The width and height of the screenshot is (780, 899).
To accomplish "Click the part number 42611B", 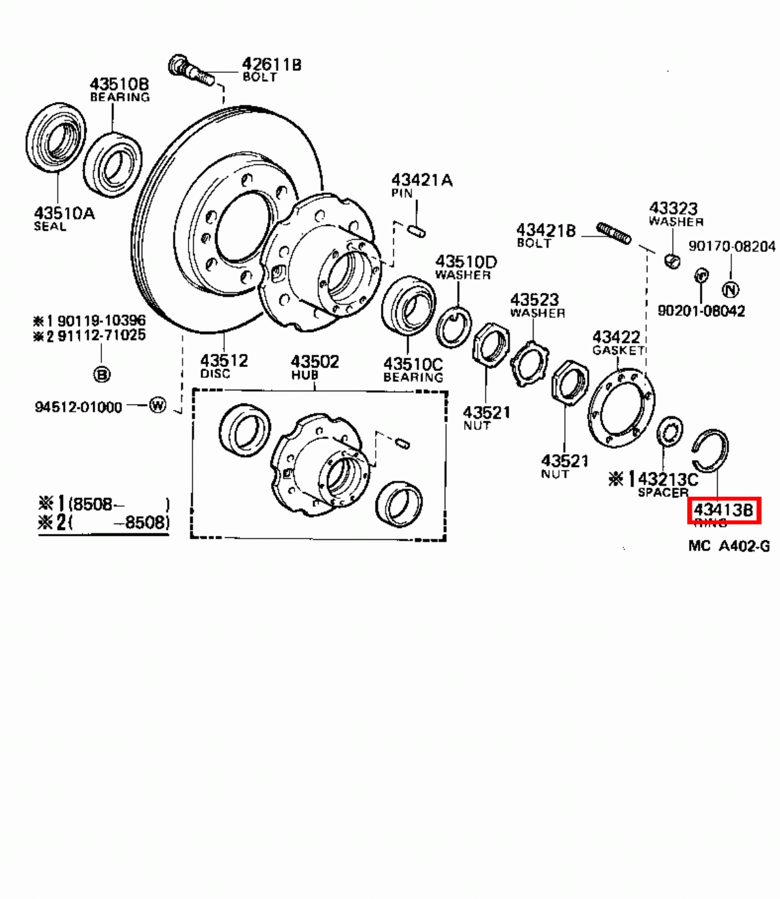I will tap(272, 64).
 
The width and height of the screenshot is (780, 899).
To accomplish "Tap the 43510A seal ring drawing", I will tap(56, 138).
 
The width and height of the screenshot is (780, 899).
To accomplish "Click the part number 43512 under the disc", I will tap(223, 361).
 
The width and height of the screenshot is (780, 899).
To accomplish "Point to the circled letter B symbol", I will tap(102, 375).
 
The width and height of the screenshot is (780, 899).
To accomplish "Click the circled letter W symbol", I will tap(158, 405).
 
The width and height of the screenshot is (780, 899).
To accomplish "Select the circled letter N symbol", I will tap(731, 290).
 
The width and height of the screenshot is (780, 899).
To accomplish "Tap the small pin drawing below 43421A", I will tap(416, 229).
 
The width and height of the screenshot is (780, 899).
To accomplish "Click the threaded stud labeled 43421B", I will tap(614, 233).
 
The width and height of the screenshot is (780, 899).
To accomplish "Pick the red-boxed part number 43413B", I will tap(723, 510).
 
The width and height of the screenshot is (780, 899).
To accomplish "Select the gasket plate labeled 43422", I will tap(621, 410).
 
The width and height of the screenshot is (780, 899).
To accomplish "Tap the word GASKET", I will tap(617, 351).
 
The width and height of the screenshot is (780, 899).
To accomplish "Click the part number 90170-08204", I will tap(732, 247).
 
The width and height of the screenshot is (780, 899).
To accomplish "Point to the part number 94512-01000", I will tap(78, 407).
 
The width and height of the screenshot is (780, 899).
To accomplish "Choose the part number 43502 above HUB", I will tap(315, 361).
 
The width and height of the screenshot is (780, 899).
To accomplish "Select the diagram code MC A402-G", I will tap(729, 546).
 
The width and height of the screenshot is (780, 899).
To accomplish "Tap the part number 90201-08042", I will tap(701, 310).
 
